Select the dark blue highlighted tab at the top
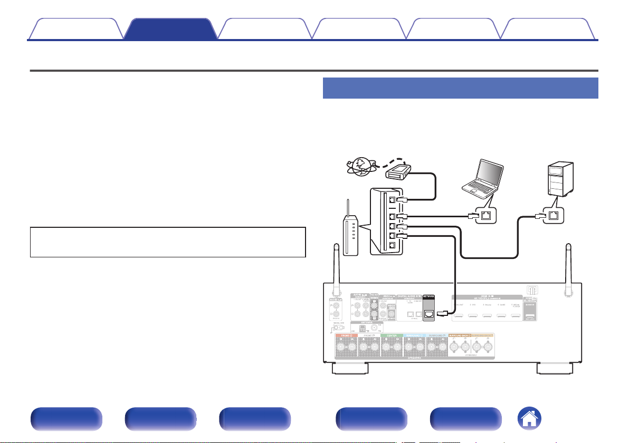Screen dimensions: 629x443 click(170, 28)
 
